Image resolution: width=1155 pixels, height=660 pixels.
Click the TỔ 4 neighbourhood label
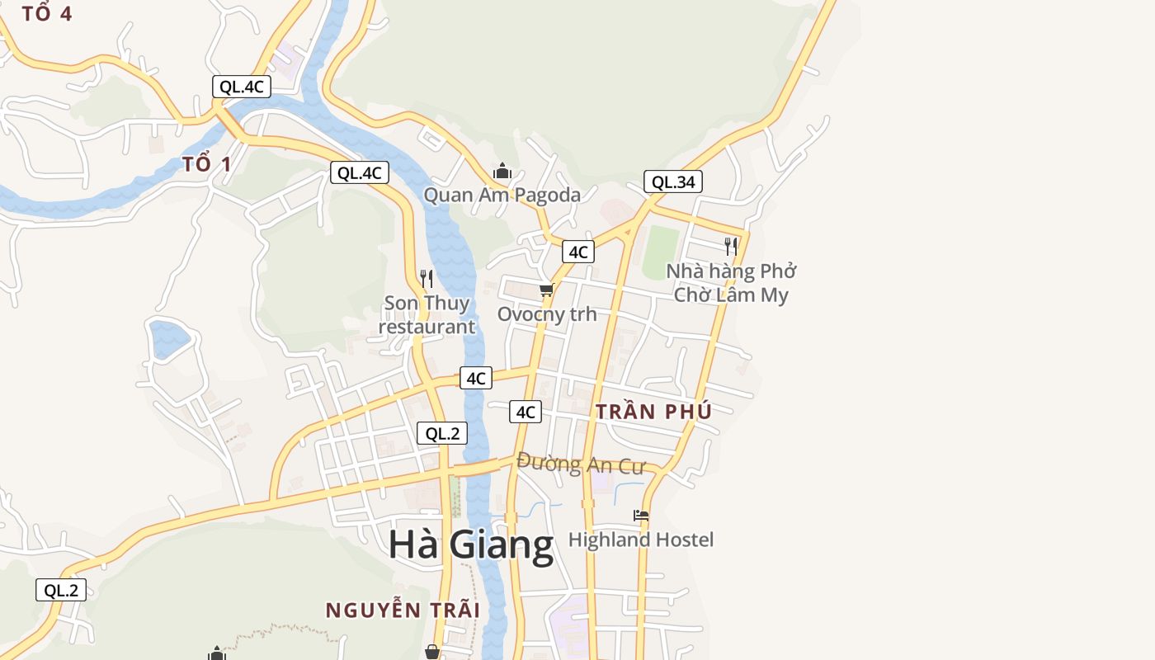47,13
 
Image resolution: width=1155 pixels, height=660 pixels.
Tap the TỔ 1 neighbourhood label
207,163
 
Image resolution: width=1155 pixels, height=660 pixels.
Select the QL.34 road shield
673,182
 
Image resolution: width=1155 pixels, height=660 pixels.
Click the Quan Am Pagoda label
502,195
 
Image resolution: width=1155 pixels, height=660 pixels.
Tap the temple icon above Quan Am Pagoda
502,172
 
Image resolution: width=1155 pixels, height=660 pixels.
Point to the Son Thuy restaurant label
427,314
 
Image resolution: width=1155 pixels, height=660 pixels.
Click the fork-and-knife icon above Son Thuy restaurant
426,279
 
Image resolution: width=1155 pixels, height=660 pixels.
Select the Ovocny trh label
546,314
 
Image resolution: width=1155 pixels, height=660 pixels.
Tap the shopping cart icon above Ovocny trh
546,290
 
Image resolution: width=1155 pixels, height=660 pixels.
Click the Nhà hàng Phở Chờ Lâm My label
731,283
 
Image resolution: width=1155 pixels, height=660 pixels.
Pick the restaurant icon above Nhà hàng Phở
730,246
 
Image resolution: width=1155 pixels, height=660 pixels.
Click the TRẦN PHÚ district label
653,412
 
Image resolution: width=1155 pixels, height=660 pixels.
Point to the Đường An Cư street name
580,464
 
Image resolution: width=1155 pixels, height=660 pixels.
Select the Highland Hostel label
640,540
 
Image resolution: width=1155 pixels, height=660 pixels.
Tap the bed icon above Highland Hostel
640,516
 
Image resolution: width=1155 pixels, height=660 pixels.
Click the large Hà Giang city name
470,545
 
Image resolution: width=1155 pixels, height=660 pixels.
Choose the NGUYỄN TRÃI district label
402,610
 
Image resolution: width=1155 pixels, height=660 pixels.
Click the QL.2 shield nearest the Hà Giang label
441,433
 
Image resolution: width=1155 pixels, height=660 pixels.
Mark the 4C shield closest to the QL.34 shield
577,252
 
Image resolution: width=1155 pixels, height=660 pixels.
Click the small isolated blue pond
170,338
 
